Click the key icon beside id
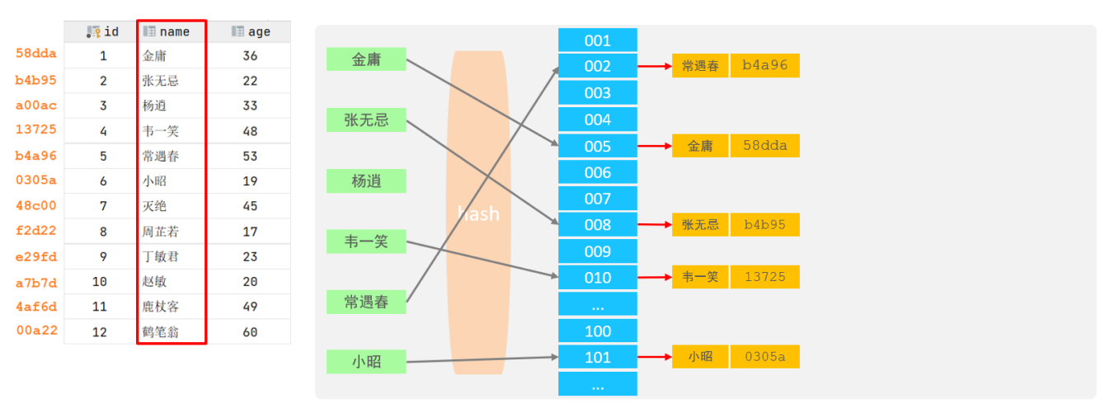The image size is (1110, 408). pyautogui.click(x=93, y=31)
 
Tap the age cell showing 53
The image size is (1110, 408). pyautogui.click(x=251, y=156)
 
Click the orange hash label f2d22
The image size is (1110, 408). pyautogui.click(x=36, y=231)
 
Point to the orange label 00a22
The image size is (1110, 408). pyautogui.click(x=36, y=330)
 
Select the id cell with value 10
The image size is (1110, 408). pyautogui.click(x=100, y=282)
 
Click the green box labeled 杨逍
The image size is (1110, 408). pyautogui.click(x=366, y=181)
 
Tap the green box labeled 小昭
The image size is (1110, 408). pyautogui.click(x=366, y=361)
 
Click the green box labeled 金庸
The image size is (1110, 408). pyautogui.click(x=366, y=59)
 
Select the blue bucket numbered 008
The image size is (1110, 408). pyautogui.click(x=597, y=225)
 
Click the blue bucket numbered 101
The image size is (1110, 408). pyautogui.click(x=597, y=358)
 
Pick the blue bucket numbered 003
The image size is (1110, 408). pyautogui.click(x=597, y=93)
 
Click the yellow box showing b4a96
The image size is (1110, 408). pyautogui.click(x=764, y=66)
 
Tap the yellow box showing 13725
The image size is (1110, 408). pyautogui.click(x=764, y=277)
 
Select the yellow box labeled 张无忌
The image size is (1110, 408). pyautogui.click(x=700, y=224)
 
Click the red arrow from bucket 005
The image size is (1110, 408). pyautogui.click(x=655, y=146)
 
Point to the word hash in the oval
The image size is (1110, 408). pyautogui.click(x=478, y=213)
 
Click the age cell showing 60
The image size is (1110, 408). pyautogui.click(x=251, y=332)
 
